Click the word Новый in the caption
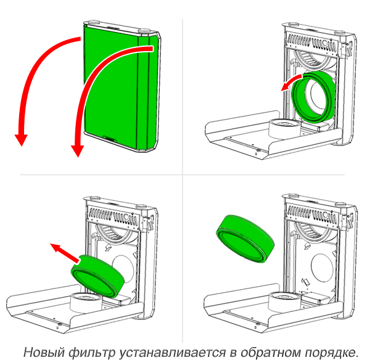pos(44,352)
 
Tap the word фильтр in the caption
pos(91,353)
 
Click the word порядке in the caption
pos(331,353)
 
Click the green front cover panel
pos(120,88)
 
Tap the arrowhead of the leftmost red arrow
pos(21,140)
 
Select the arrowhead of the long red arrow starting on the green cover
pos(78,151)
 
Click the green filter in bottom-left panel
pos(97,275)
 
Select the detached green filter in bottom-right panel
pos(245,239)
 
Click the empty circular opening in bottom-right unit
pos(322,268)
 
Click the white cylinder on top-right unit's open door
pos(285,129)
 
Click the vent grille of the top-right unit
pos(312,43)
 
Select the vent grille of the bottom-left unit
pos(113,215)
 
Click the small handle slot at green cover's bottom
pos(110,139)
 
